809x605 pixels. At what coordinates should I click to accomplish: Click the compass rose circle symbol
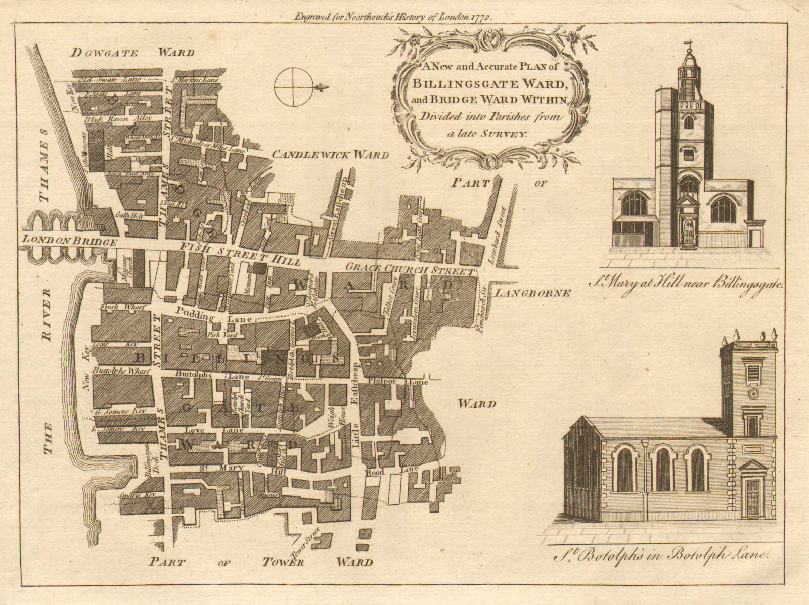point(293,87)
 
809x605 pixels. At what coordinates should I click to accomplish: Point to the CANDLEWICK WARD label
point(331,155)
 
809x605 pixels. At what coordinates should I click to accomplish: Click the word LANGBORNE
point(532,293)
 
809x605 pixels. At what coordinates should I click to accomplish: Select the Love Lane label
point(208,430)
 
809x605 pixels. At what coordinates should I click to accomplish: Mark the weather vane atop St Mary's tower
point(688,46)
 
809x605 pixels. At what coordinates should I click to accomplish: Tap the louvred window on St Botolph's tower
point(752,373)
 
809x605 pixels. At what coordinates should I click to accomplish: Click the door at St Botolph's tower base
point(751,498)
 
